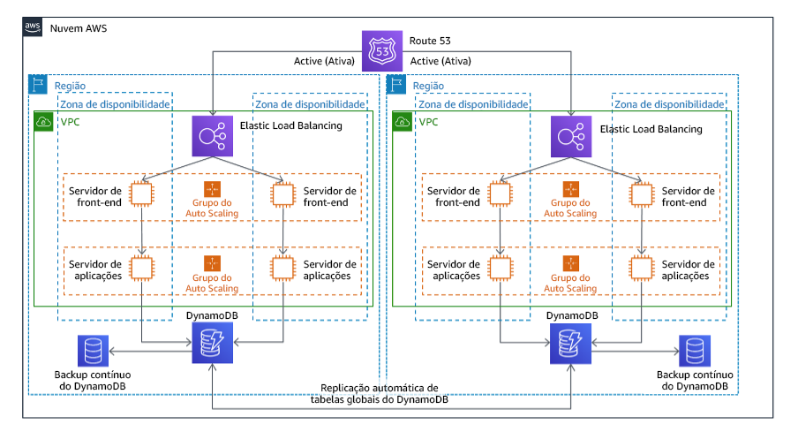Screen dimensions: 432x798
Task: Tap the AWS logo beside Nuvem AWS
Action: [x=34, y=27]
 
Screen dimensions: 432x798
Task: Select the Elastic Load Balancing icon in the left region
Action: [x=213, y=136]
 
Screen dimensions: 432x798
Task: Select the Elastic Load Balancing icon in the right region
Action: [x=572, y=136]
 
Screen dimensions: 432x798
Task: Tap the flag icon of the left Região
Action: [x=39, y=86]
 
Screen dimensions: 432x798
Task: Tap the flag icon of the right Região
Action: [x=398, y=86]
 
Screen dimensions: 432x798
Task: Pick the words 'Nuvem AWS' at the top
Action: [x=77, y=27]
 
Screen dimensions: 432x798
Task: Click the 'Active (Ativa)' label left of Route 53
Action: [x=324, y=62]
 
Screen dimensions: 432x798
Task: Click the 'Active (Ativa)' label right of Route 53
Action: [x=440, y=62]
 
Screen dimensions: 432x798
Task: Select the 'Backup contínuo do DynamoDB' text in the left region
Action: [x=91, y=382]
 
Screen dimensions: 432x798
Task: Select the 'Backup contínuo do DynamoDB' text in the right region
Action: [x=693, y=382]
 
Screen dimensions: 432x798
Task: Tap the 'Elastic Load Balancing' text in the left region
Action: [x=290, y=127]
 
